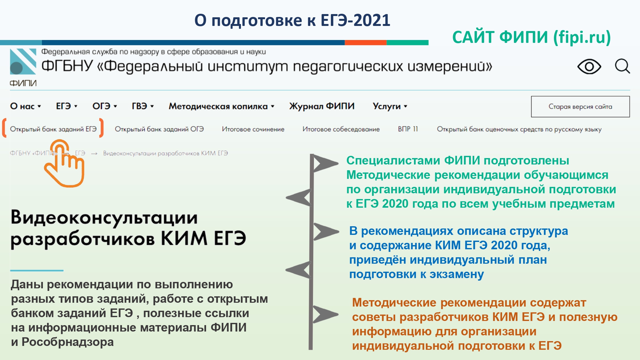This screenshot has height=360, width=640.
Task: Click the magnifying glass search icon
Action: (x=622, y=66)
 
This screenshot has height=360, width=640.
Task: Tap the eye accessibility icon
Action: (x=589, y=67)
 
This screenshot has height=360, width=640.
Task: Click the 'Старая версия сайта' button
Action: (x=580, y=107)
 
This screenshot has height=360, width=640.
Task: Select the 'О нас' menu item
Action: (x=26, y=106)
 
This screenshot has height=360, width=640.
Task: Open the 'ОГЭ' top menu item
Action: (x=105, y=106)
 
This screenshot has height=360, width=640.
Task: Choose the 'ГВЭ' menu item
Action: (x=143, y=106)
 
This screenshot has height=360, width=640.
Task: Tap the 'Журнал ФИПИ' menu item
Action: (x=322, y=106)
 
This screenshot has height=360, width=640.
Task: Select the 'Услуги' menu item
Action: (x=390, y=106)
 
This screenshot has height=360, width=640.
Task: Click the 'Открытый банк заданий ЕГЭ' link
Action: (x=53, y=129)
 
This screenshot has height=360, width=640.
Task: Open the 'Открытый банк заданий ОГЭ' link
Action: (x=159, y=129)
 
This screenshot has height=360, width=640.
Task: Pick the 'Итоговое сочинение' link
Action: (x=253, y=129)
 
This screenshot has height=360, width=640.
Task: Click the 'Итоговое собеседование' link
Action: (x=341, y=129)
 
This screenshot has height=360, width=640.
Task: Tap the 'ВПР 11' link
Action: (x=408, y=129)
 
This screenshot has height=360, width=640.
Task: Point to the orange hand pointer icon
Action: (x=64, y=163)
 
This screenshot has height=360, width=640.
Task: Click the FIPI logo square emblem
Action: (x=23, y=61)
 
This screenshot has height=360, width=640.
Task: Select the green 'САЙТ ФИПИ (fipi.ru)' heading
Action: (x=532, y=37)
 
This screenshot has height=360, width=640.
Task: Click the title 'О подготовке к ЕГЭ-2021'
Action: (x=292, y=20)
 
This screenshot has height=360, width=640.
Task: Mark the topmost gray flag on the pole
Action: (x=325, y=163)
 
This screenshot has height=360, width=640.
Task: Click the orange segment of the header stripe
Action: (x=365, y=43)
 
